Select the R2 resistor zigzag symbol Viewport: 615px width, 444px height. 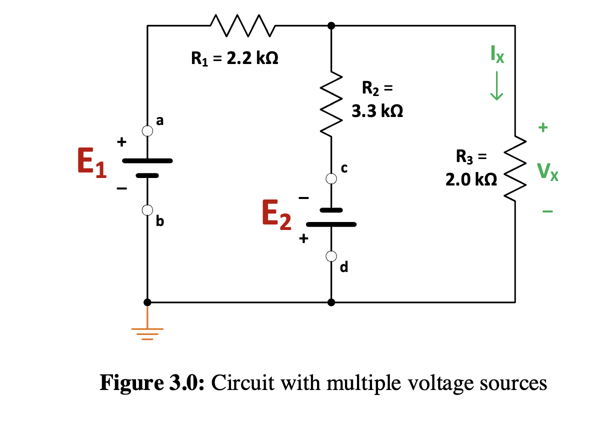pos(330,106)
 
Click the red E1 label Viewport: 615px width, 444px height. pos(92,164)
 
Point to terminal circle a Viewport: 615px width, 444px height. pos(147,131)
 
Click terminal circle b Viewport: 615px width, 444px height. pos(147,210)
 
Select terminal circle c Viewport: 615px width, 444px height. pos(330,177)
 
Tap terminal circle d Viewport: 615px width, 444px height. pos(330,256)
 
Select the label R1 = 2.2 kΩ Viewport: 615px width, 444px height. pos(234,59)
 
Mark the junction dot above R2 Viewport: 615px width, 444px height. pos(330,25)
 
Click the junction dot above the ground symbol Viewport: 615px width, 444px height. pos(147,302)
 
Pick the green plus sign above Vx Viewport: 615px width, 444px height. pos(543,127)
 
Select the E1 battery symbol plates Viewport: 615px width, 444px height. pos(147,168)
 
